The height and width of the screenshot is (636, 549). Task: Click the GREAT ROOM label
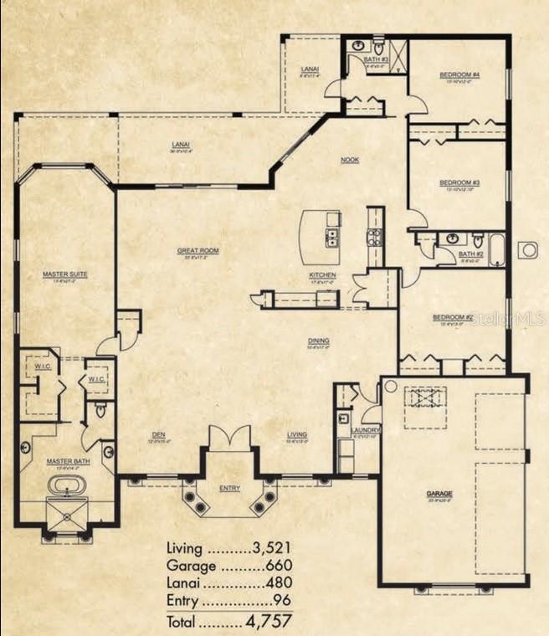[x=198, y=250]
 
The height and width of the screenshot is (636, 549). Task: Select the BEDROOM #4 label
[x=457, y=75]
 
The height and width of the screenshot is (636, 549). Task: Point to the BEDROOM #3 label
[x=457, y=182]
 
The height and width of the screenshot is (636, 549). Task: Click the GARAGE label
[x=439, y=494]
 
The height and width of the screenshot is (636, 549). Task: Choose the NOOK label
[x=349, y=159]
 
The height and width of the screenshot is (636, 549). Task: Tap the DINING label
[x=318, y=341]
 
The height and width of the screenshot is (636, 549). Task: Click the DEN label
[x=158, y=434]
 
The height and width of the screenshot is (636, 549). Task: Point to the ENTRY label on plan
[x=229, y=487]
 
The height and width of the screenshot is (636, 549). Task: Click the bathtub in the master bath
[x=64, y=485]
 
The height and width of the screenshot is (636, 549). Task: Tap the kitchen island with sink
[x=321, y=237]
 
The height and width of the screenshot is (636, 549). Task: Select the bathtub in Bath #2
[x=497, y=250]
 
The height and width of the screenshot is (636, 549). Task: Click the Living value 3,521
[x=272, y=549]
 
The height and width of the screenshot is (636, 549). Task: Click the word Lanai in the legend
[x=184, y=584]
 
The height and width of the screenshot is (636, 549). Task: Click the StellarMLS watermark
[x=511, y=319]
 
